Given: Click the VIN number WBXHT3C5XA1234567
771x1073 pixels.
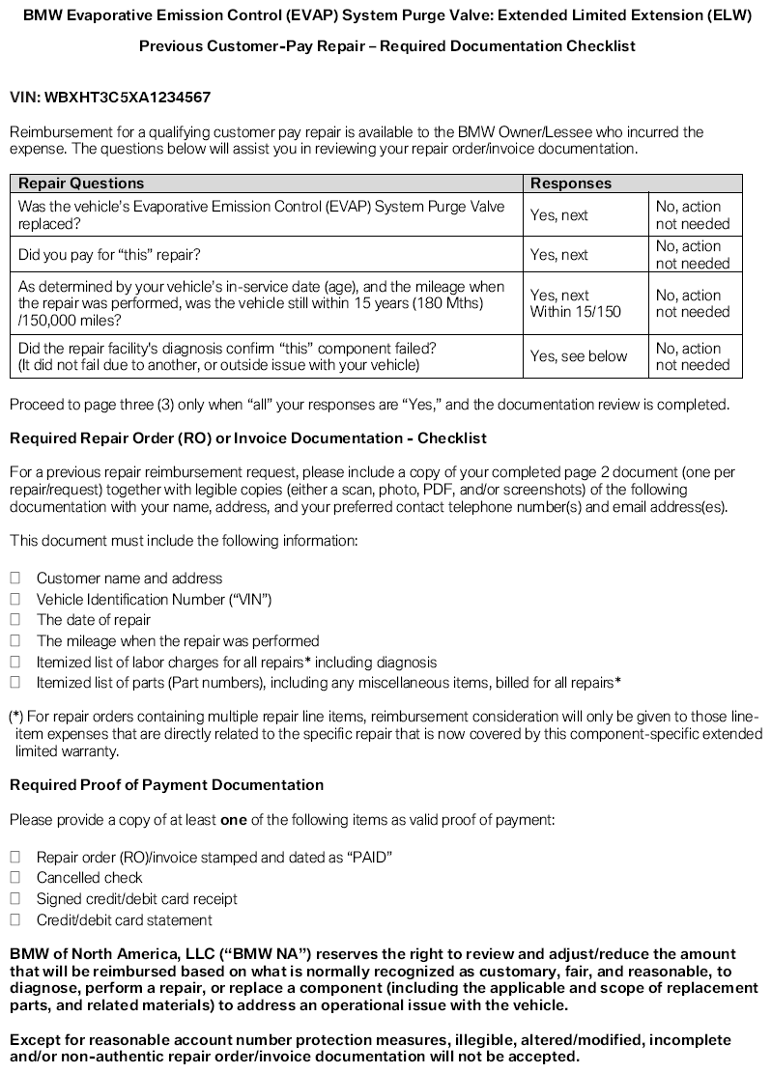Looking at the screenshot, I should pyautogui.click(x=128, y=98).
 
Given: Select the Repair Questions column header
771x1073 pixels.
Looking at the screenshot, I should pyautogui.click(x=81, y=183).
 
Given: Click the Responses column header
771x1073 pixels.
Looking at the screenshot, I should pyautogui.click(x=571, y=183).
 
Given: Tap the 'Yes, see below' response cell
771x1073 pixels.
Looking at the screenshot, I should pyautogui.click(x=579, y=356).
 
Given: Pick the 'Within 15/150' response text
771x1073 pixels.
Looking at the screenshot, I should pyautogui.click(x=575, y=312).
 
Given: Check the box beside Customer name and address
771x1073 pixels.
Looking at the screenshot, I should pyautogui.click(x=15, y=578).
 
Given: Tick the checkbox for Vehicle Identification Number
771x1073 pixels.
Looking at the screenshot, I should pyautogui.click(x=15, y=599).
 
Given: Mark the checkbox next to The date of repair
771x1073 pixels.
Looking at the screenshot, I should pyautogui.click(x=15, y=620).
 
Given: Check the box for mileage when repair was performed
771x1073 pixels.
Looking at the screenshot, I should pyautogui.click(x=15, y=640).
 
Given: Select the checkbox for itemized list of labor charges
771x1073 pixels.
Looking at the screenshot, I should pyautogui.click(x=15, y=662).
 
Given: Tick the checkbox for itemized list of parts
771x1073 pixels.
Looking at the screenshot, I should pyautogui.click(x=15, y=683).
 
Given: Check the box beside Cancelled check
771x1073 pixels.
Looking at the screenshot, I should pyautogui.click(x=15, y=878).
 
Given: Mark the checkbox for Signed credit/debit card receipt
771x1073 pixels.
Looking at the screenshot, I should pyautogui.click(x=15, y=899).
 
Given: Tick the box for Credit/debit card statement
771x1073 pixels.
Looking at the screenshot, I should pyautogui.click(x=15, y=920).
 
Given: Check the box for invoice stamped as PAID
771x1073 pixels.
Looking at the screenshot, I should pyautogui.click(x=15, y=857).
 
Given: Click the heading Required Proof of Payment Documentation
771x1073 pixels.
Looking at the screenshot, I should pyautogui.click(x=166, y=785).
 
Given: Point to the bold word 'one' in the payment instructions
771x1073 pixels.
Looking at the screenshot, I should pyautogui.click(x=234, y=820).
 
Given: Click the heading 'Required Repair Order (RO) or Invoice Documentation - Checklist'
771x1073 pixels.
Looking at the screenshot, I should pyautogui.click(x=248, y=438).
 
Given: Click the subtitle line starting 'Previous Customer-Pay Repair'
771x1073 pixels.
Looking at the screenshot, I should pyautogui.click(x=386, y=46).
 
